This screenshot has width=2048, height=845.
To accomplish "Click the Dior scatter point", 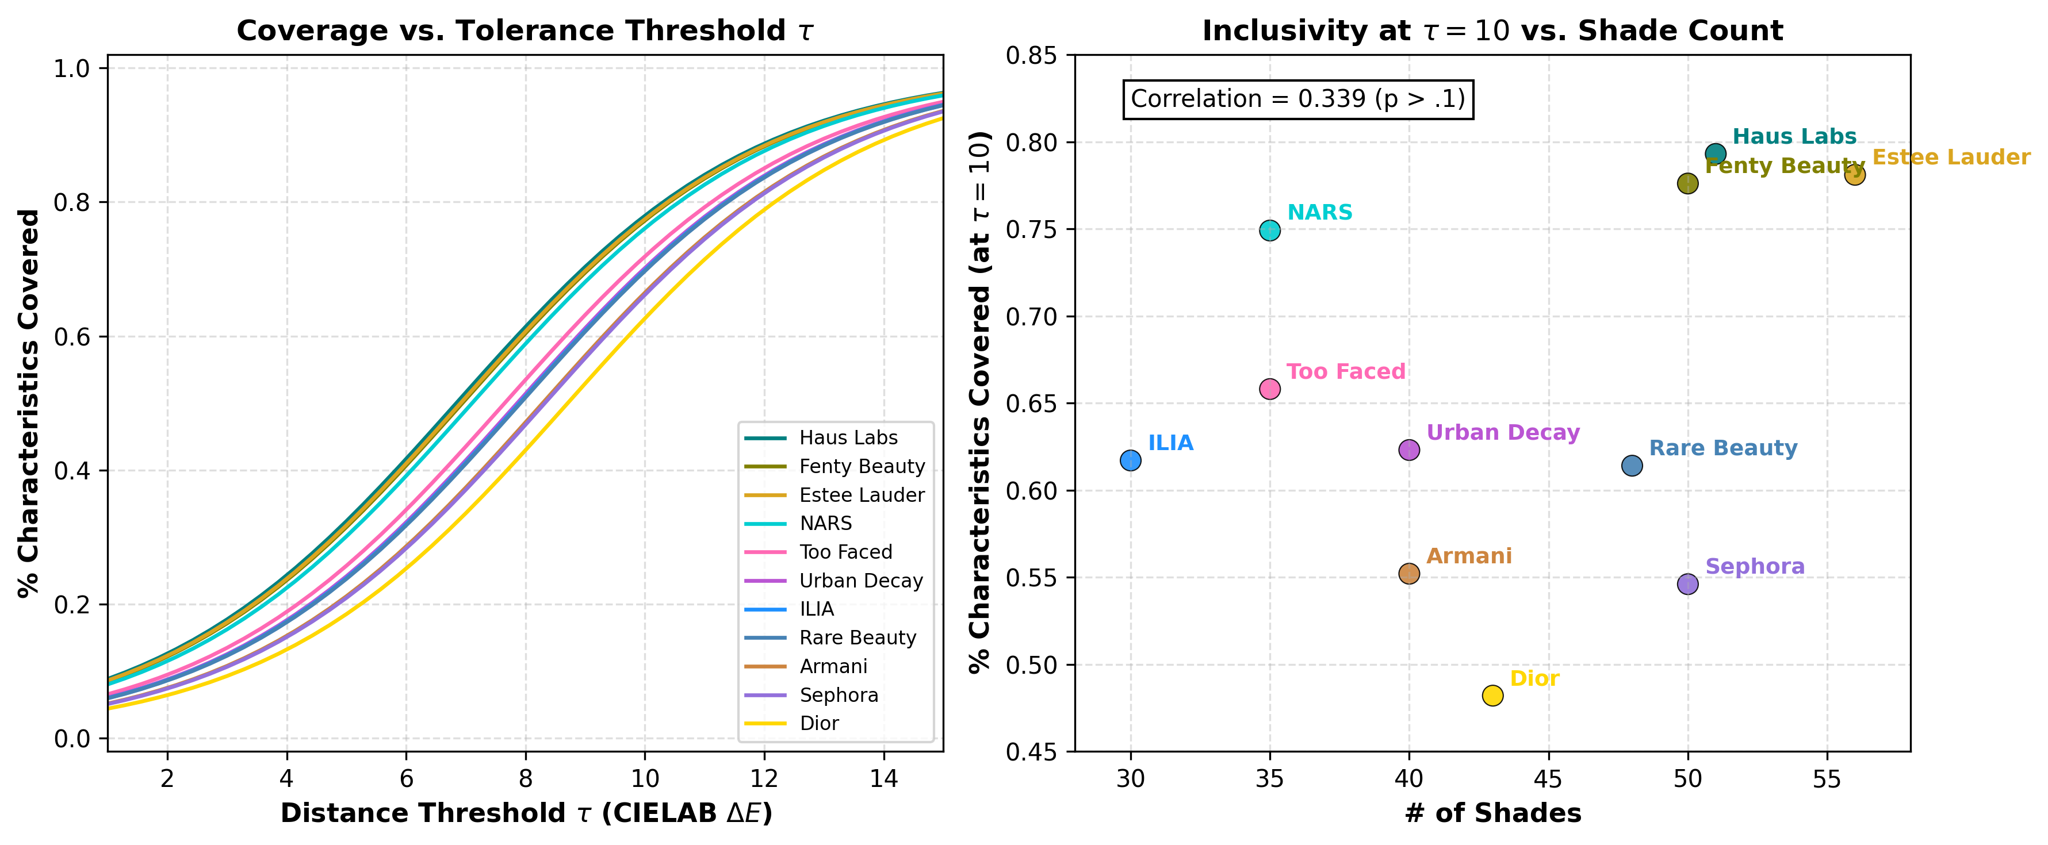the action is [1493, 696].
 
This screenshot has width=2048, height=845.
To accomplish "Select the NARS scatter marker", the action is [1270, 231].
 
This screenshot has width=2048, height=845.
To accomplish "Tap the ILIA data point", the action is [1131, 460].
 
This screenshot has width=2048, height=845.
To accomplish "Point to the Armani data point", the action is [1409, 573].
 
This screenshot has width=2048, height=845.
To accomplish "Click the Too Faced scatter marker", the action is [1270, 389].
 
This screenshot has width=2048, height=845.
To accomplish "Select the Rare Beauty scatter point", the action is [1632, 465].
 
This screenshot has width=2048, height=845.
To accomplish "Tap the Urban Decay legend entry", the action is [834, 581].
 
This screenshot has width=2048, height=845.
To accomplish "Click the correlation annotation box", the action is [1298, 99].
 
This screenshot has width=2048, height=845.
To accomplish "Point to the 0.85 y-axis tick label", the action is [1032, 56].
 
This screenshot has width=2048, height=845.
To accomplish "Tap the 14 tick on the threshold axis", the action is [884, 778].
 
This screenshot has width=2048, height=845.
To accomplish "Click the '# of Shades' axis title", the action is [1493, 813].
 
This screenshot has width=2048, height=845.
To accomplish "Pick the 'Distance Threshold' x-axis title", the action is [526, 813].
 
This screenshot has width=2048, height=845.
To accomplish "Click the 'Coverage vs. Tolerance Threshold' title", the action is [526, 30].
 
